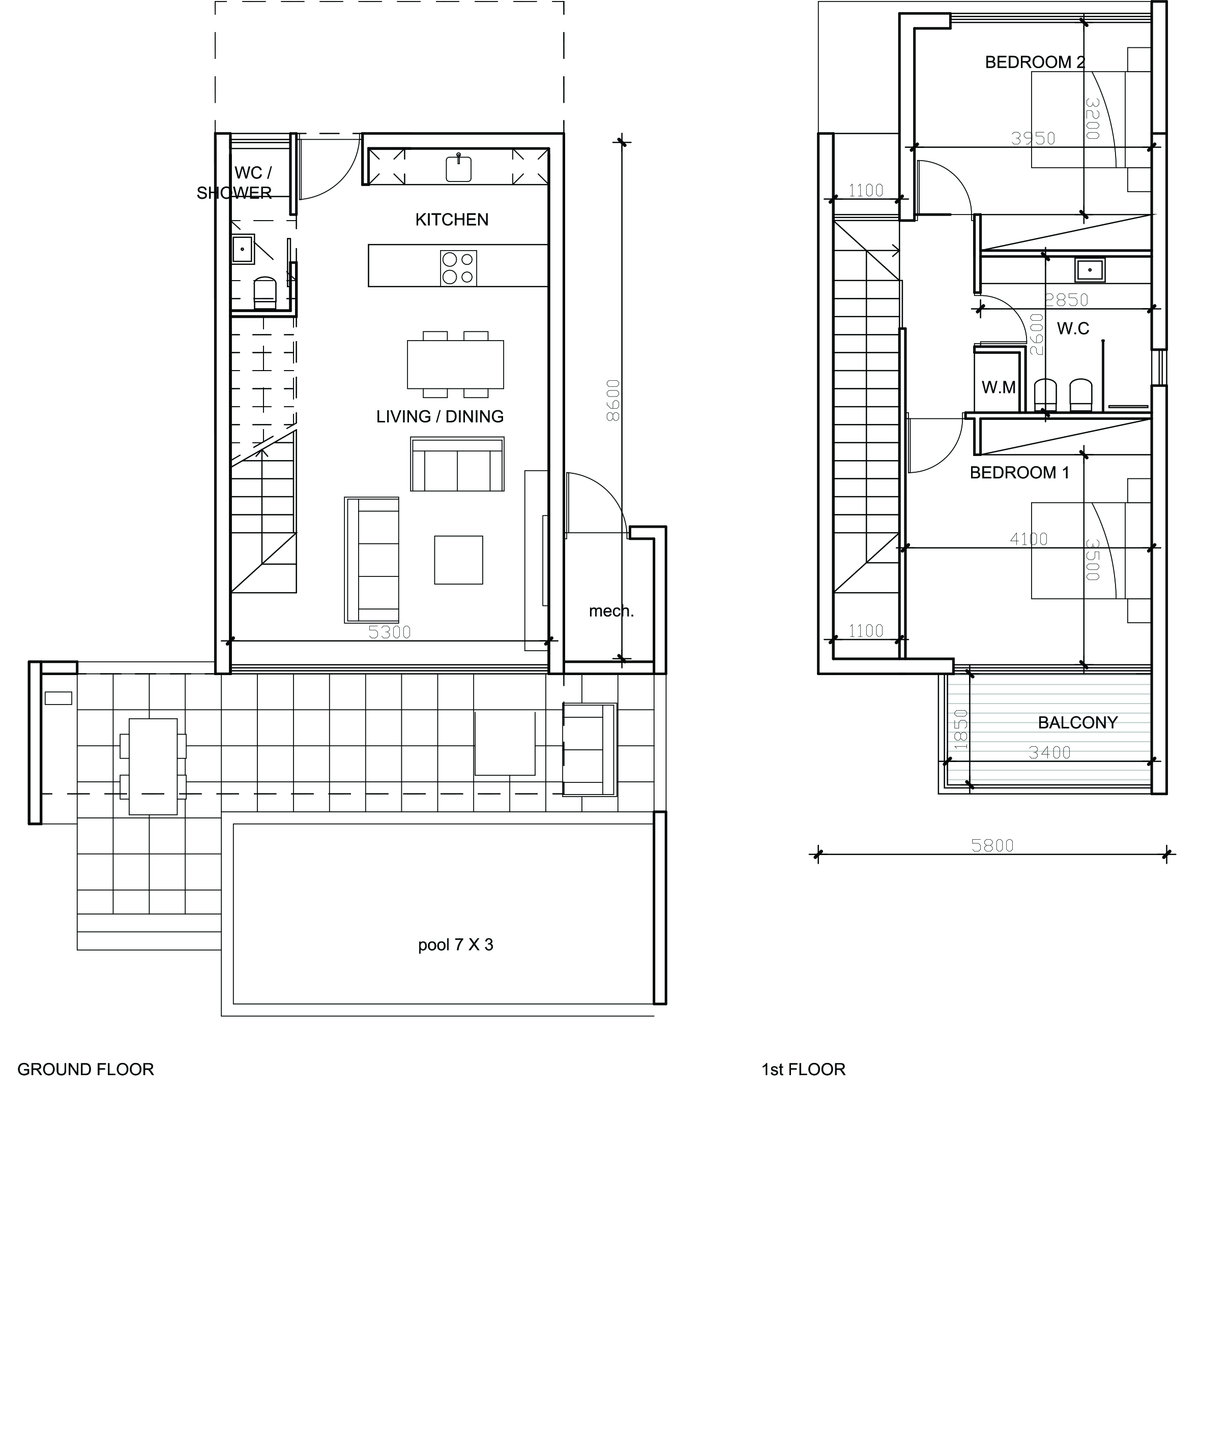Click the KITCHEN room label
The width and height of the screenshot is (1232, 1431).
click(451, 220)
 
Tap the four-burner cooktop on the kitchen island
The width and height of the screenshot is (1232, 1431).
click(458, 268)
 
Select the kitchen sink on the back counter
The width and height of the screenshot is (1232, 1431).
click(458, 168)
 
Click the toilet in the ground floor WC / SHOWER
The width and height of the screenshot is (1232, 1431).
click(265, 293)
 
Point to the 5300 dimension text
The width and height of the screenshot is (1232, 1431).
click(389, 632)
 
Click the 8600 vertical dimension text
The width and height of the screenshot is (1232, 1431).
click(612, 401)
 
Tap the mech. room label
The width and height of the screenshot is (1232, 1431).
click(611, 611)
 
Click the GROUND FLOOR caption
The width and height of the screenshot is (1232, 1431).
click(85, 1069)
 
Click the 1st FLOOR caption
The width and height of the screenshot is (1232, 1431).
click(803, 1069)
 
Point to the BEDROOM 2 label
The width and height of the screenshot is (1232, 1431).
click(1035, 62)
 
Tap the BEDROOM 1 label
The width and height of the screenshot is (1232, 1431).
click(1019, 472)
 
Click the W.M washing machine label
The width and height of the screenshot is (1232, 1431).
click(999, 387)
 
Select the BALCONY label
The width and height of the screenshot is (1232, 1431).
click(1077, 722)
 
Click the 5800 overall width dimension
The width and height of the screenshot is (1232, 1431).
click(992, 845)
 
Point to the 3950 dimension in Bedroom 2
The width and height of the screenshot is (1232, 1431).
click(1033, 138)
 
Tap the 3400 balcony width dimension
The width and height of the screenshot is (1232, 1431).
click(1049, 752)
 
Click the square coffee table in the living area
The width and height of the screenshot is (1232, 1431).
click(458, 560)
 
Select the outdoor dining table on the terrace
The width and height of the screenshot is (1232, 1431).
click(153, 767)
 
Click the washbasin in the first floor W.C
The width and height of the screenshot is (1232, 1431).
click(1090, 269)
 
